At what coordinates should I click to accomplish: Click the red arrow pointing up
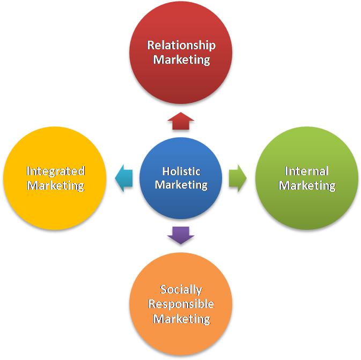coord(180,122)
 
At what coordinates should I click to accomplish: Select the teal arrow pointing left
coord(123,178)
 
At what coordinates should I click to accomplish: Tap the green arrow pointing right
coord(238,178)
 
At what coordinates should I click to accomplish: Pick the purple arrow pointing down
coord(181,235)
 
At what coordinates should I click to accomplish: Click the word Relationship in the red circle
coord(181,45)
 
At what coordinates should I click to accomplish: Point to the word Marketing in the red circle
coord(181,59)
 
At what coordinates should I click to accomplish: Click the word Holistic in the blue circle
coord(181,171)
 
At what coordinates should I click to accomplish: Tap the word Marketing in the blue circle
coord(181,185)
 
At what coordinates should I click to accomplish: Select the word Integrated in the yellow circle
coord(56,171)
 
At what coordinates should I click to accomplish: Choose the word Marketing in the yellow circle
coord(56,185)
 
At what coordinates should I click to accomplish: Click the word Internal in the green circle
coord(307,171)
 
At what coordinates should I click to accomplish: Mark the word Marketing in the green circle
coord(307,185)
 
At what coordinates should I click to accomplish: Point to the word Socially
coord(181,290)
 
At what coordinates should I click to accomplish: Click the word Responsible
coord(181,304)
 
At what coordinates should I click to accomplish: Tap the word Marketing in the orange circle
coord(181,319)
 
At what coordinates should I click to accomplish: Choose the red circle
coord(181,80)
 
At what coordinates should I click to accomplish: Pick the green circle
coord(307,209)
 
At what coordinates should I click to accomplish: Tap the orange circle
coord(181,337)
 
